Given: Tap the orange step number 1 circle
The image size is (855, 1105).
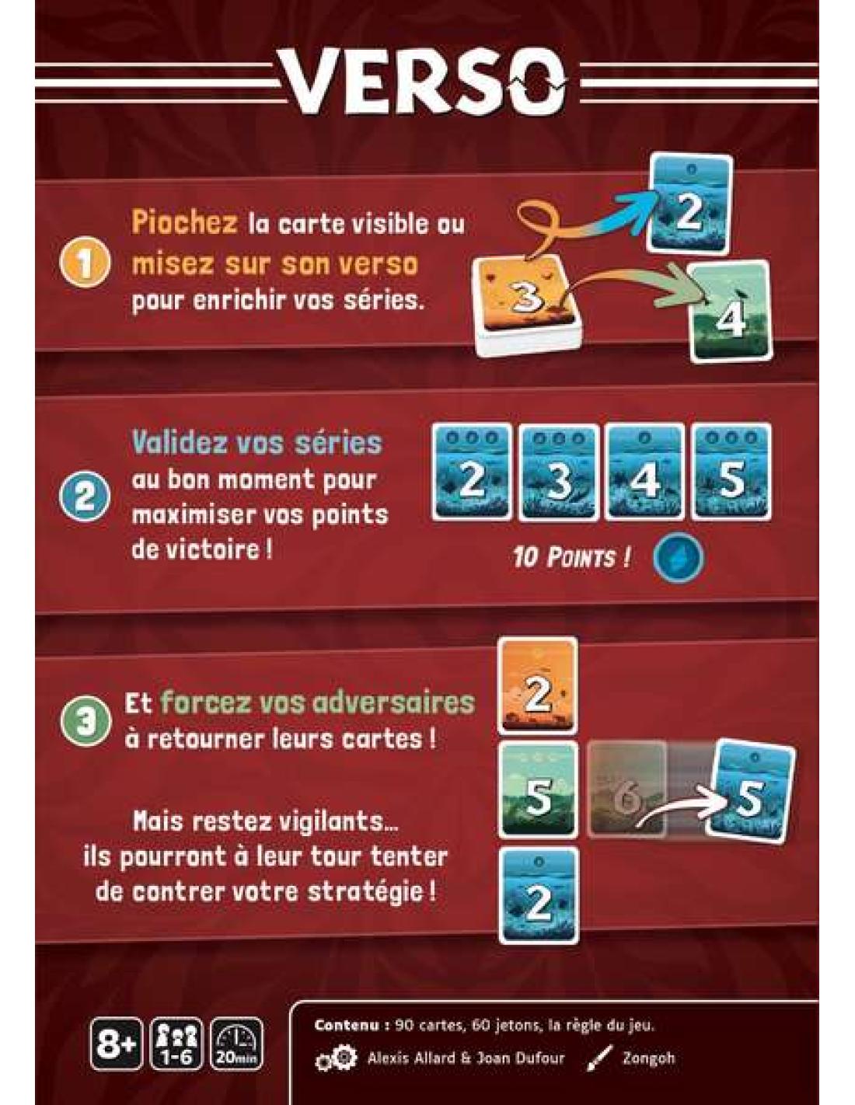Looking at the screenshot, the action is coord(85,263).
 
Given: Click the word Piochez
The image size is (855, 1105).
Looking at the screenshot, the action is coord(184,223).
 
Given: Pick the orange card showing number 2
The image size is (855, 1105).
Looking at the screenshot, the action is coord(539,685).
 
